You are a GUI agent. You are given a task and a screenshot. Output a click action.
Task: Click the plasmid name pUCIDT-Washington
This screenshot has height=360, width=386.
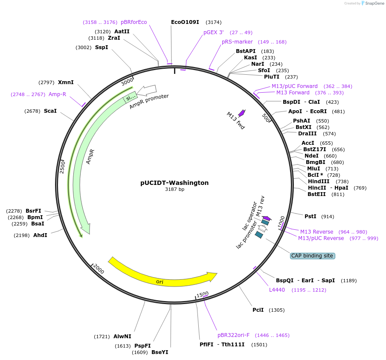174,183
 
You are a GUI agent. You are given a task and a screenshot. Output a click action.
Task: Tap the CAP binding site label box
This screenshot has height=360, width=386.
312,256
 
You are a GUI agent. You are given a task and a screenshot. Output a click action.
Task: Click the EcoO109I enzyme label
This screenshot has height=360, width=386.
185,22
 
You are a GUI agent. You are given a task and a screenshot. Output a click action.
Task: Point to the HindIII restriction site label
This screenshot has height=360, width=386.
319,181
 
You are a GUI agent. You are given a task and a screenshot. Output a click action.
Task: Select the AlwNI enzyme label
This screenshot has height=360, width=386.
122,337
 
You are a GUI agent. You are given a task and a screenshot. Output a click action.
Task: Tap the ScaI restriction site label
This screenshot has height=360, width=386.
50,111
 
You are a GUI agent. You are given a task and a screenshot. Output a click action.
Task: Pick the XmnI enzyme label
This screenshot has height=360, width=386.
66,82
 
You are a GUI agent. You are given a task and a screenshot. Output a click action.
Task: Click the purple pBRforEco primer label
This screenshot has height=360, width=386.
134,22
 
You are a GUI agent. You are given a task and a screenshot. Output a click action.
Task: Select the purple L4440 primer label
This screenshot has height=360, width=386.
277,290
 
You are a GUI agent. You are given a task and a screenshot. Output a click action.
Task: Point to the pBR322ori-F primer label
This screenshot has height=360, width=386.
233,335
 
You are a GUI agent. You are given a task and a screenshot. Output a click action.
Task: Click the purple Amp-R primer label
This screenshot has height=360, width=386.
57,94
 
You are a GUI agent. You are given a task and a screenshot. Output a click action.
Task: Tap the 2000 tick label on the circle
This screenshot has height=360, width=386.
99,269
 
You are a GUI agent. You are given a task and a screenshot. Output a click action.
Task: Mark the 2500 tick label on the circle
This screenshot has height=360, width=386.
62,167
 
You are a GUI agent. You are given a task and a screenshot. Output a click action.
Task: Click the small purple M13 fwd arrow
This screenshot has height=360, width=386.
242,113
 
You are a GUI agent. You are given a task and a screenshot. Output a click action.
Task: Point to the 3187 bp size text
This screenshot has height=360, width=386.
174,190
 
